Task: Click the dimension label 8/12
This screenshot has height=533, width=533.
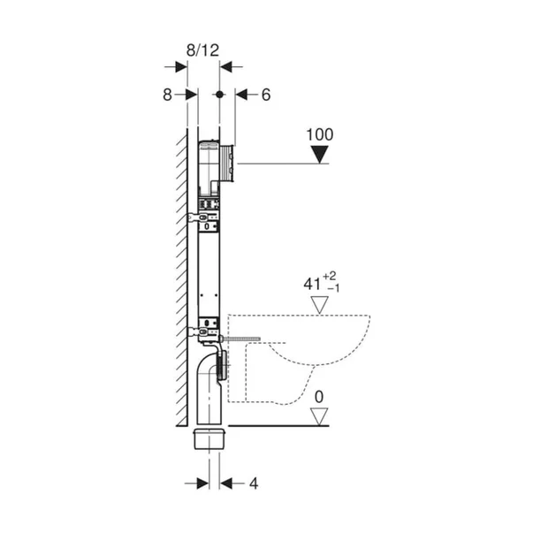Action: (203, 50)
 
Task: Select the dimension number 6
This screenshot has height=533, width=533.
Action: (266, 95)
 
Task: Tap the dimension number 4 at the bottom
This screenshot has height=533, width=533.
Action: (254, 484)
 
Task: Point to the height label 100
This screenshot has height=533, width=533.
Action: (320, 134)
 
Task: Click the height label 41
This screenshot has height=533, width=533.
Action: (312, 284)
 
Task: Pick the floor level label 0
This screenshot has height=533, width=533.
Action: (319, 397)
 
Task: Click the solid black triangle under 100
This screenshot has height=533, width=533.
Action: (320, 155)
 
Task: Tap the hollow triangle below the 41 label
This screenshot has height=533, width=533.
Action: (319, 305)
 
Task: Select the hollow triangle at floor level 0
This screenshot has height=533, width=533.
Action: (319, 416)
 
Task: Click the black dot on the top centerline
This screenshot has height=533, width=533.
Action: (219, 95)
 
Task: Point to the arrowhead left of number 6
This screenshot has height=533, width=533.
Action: (241, 95)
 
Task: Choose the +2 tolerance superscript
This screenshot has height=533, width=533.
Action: (330, 276)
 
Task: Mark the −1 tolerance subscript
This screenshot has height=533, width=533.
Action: (333, 288)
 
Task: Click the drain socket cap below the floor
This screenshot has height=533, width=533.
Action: (209, 439)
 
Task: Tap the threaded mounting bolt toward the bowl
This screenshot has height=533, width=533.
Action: (241, 339)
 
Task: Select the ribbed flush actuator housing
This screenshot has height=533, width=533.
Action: (227, 163)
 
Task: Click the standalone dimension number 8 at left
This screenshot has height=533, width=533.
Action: (167, 95)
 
